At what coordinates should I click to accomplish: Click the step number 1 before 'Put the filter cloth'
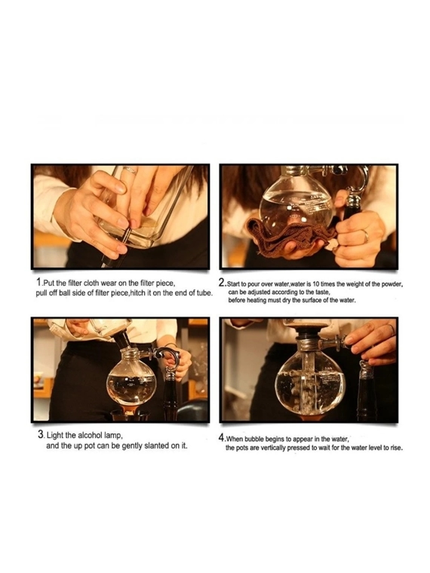point(38,282)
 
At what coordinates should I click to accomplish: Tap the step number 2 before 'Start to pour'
point(221,283)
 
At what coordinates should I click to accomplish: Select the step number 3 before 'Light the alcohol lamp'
point(41,434)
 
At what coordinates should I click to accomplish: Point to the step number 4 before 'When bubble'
point(221,437)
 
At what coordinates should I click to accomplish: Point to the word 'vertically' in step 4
point(273,448)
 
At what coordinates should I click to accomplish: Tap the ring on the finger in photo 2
point(366,236)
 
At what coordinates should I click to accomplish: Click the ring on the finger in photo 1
point(130,170)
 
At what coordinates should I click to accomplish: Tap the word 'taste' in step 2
point(323,293)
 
